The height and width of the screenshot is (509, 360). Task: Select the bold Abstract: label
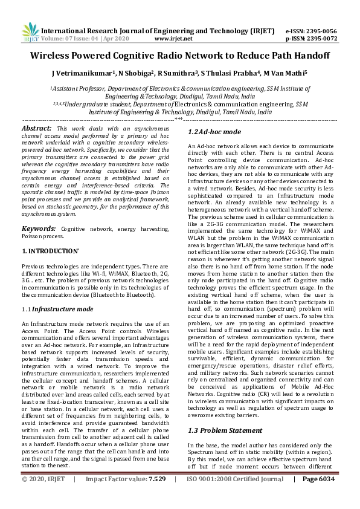click(37, 129)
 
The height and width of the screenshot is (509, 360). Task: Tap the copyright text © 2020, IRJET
click(44, 496)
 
